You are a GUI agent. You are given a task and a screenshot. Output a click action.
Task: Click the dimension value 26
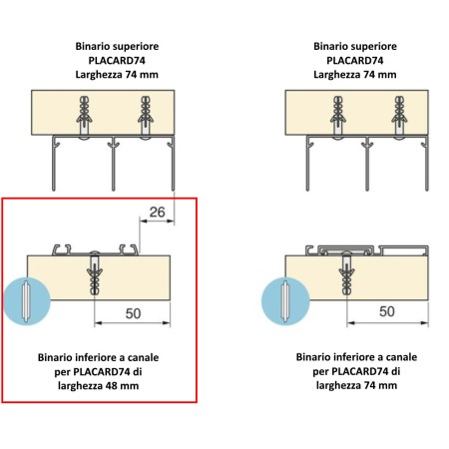click(157, 213)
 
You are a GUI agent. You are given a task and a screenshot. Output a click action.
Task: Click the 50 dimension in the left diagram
click(133, 313)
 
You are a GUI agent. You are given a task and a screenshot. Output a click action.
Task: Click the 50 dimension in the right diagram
click(387, 311)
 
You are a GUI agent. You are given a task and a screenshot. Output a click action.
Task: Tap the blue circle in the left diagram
click(27, 301)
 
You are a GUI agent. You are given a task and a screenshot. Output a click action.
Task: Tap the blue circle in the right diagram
click(285, 301)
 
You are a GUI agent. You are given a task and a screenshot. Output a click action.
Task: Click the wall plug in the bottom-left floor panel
click(95, 275)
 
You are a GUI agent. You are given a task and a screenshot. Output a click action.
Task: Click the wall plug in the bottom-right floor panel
click(346, 275)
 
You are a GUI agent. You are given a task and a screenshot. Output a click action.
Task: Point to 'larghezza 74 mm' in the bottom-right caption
click(356, 385)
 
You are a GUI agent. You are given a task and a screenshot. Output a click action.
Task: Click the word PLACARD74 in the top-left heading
click(117, 61)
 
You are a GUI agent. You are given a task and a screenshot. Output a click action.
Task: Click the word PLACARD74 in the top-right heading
click(355, 61)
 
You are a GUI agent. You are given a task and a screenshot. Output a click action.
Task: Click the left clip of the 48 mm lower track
click(62, 249)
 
